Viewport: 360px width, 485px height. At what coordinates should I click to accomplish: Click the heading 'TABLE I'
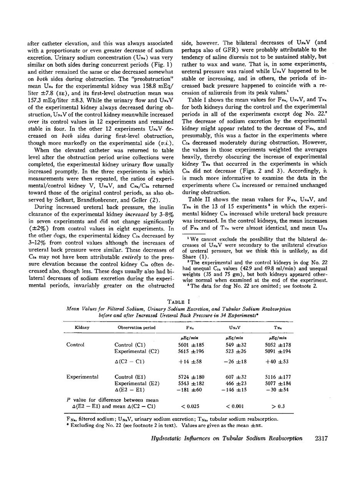(x=180, y=303)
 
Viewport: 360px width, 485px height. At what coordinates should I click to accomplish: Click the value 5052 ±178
(x=280, y=345)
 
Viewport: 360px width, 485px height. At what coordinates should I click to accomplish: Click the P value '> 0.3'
(x=280, y=406)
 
